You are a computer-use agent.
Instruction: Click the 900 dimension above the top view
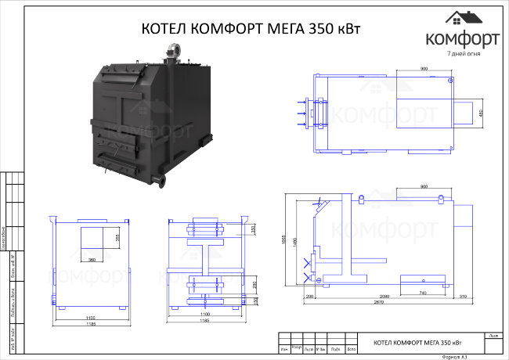coord(424,69)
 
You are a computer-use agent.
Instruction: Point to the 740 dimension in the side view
coord(424,291)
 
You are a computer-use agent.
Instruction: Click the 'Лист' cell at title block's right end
coord(493,335)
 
